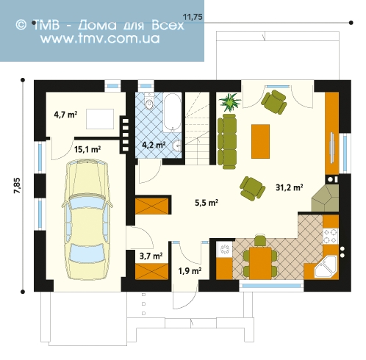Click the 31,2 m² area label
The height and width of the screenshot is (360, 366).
coord(289,187)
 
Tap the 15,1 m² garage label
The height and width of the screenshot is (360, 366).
coord(87,149)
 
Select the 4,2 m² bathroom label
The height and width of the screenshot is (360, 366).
coord(154,145)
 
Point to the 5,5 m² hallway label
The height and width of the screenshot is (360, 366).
coord(207,203)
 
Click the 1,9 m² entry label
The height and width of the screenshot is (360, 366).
coord(190,271)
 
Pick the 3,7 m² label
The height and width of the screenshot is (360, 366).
coord(151,256)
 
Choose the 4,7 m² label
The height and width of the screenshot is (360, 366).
coord(65,114)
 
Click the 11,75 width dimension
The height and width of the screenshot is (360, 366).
coord(193,17)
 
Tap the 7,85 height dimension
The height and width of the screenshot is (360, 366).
coord(18,185)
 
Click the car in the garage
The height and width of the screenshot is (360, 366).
coord(87,219)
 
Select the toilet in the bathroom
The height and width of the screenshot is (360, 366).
coord(148,101)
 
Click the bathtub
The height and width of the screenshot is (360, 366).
coord(172,112)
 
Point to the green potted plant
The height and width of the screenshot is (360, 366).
coord(230,101)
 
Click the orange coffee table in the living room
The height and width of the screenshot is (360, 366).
coord(260,141)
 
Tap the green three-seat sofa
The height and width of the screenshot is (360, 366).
coord(227,141)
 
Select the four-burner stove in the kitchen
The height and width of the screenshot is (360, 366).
coord(331,236)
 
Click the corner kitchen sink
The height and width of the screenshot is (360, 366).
coord(326,267)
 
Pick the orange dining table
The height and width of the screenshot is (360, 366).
coord(260,263)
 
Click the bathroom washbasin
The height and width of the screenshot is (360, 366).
coord(177,146)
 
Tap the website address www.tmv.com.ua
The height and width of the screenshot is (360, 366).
coord(100,38)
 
